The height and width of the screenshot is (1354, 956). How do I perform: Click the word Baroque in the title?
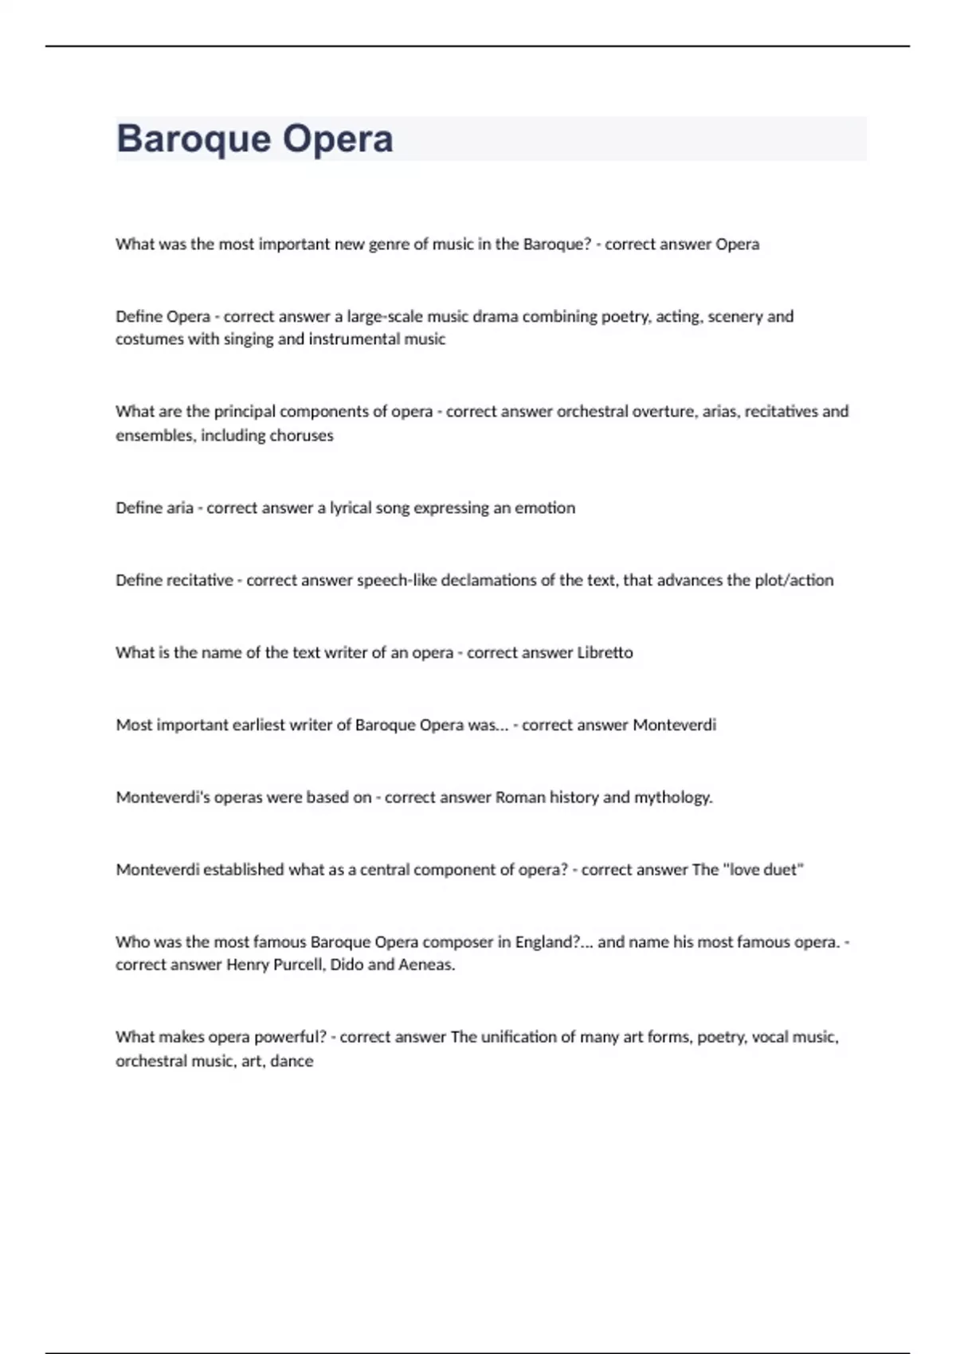(x=194, y=139)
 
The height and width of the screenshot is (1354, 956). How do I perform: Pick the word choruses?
(x=301, y=436)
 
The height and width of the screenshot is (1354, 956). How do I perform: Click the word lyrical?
(x=350, y=508)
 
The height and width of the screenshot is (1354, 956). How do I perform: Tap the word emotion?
(x=544, y=508)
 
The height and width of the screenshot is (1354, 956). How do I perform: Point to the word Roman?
(x=520, y=798)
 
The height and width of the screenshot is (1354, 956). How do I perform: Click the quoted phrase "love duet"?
(x=763, y=871)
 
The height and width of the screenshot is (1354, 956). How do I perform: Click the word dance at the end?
(x=292, y=1062)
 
